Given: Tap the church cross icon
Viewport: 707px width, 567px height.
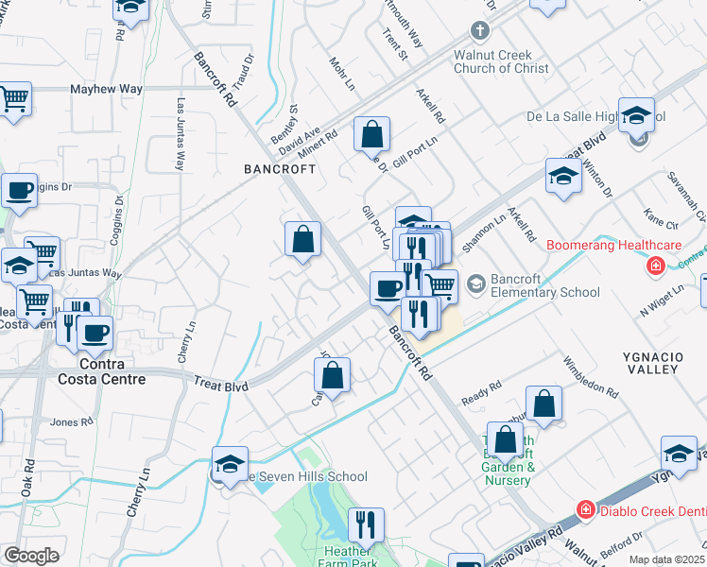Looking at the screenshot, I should [x=480, y=31].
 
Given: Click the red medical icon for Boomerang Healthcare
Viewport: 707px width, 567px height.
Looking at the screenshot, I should [x=654, y=266].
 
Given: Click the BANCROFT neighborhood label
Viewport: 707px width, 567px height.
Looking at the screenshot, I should [x=279, y=169].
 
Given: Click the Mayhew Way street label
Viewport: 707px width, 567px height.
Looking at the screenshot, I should [x=106, y=89].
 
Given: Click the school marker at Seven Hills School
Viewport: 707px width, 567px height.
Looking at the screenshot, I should [x=230, y=463].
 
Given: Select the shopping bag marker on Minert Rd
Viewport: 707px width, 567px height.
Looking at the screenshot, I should [x=372, y=133].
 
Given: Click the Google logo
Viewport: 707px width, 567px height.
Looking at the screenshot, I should [x=31, y=556].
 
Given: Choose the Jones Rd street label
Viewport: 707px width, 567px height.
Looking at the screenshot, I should [x=72, y=421].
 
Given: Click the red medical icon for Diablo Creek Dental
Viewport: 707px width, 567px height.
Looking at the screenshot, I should [x=586, y=510].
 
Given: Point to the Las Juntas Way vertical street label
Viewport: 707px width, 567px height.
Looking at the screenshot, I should [x=179, y=132].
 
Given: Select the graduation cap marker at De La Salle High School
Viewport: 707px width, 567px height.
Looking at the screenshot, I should [x=636, y=115].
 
